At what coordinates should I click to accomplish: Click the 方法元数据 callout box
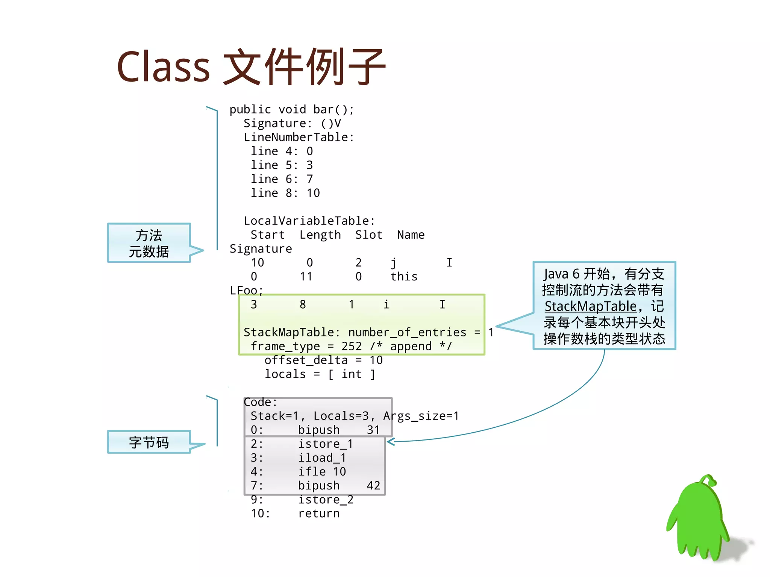tap(149, 243)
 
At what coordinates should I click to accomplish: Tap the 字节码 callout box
tap(149, 442)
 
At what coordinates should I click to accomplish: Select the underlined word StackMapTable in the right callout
tap(590, 306)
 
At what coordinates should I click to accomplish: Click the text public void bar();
tap(292, 109)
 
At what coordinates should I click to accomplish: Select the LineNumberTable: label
tap(299, 137)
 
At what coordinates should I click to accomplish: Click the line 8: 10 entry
tap(285, 193)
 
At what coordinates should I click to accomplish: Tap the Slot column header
tap(368, 235)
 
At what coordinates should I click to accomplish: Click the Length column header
tap(320, 235)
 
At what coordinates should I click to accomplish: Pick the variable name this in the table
tap(404, 277)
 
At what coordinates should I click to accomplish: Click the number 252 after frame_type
tap(352, 346)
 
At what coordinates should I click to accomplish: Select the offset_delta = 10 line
tap(323, 360)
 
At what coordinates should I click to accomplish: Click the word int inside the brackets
tap(352, 374)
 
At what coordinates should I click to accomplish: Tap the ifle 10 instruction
tap(322, 471)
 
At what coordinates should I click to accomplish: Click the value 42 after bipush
tap(373, 485)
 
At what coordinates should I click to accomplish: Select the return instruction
tap(319, 513)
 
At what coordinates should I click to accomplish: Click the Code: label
tap(260, 402)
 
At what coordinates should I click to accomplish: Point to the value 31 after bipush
tap(373, 430)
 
